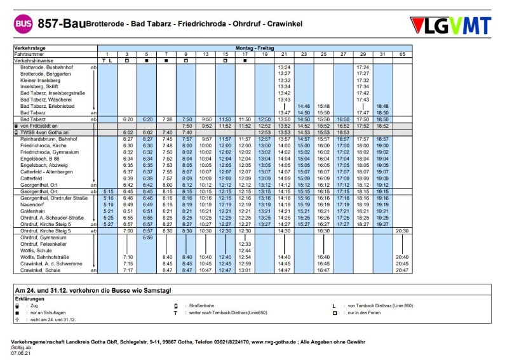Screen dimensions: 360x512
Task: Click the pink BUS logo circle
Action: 24,25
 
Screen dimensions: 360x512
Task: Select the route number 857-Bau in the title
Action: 61,24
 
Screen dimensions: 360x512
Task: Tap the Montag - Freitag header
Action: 254,48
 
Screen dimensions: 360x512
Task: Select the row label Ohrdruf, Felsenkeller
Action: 44,244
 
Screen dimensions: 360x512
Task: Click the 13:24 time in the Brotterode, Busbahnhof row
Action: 284,67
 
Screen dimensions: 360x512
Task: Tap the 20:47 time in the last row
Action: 402,270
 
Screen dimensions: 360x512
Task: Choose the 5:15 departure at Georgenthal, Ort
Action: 108,191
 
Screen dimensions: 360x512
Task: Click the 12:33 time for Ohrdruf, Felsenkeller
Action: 245,244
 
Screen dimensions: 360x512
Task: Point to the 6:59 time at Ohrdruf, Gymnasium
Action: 147,237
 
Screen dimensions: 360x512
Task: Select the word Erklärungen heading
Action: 29,298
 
